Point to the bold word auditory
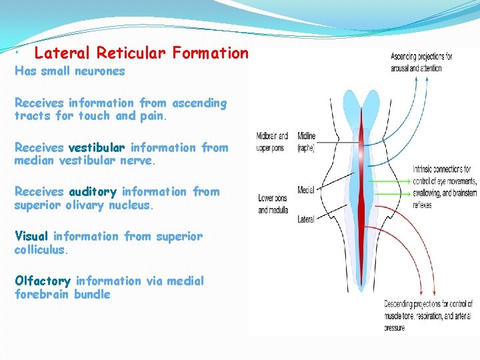point(94,191)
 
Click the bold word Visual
point(32,236)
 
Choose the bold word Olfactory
point(43,281)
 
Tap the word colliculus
point(41,250)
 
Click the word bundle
point(92,295)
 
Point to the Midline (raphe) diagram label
point(307,142)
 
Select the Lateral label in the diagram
point(306,218)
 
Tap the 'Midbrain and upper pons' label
point(272,142)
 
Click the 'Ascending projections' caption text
point(421,62)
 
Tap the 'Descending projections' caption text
point(426,315)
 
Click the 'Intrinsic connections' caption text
point(445,187)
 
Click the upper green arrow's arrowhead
point(409,179)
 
